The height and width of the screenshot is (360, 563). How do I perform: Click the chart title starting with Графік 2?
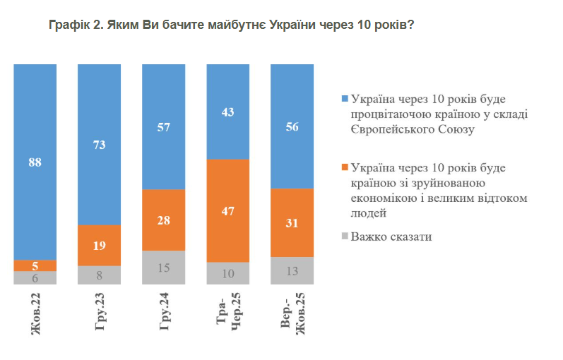pyautogui.click(x=231, y=25)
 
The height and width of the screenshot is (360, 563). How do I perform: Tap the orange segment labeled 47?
pyautogui.click(x=227, y=210)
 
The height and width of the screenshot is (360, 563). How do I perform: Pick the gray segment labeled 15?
pyautogui.click(x=163, y=268)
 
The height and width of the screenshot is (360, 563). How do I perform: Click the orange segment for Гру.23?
pyautogui.click(x=100, y=245)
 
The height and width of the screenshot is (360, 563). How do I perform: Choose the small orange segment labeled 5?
pyautogui.click(x=35, y=265)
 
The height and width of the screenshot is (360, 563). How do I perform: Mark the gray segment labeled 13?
pyautogui.click(x=292, y=270)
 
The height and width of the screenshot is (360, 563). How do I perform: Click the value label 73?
pyautogui.click(x=100, y=143)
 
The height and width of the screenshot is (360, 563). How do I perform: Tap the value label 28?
pyautogui.click(x=163, y=220)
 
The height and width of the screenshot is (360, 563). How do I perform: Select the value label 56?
pyautogui.click(x=292, y=127)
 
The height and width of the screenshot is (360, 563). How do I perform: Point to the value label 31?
pyautogui.click(x=292, y=222)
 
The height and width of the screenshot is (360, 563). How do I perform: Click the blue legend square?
pyautogui.click(x=344, y=98)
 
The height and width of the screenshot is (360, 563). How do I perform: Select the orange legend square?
pyautogui.click(x=344, y=167)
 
